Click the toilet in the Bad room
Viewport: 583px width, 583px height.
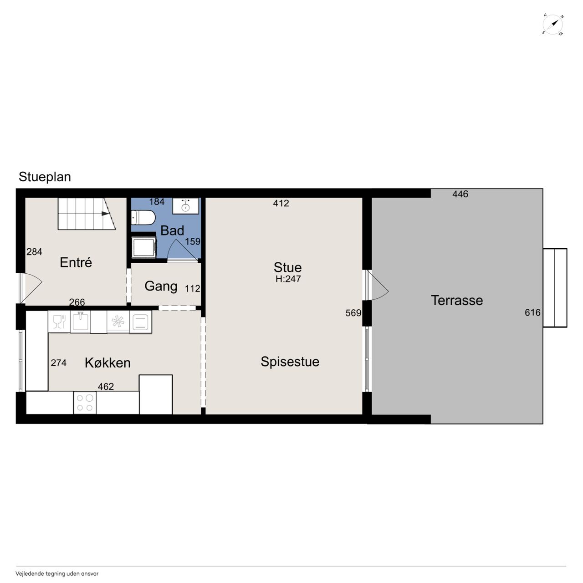point(143,218)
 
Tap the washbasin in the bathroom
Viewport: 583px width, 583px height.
point(185,206)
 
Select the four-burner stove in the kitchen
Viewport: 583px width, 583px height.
point(85,403)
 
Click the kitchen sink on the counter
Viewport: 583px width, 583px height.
point(80,322)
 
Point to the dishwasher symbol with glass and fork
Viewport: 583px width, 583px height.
point(59,322)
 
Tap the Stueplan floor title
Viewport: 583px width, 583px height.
point(45,177)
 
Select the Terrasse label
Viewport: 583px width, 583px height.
point(457,301)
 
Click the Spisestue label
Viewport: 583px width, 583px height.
point(290,362)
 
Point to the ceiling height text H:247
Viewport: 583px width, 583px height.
point(288,279)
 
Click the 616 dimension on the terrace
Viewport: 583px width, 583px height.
point(532,312)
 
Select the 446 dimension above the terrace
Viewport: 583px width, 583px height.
point(460,194)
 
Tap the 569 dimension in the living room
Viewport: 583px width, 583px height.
point(353,313)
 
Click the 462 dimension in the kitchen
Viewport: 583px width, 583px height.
point(106,387)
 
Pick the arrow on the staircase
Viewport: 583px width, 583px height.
point(105,214)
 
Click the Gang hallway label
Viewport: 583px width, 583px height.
point(161,286)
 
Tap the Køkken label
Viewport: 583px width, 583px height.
point(107,363)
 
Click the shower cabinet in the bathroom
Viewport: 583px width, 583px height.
point(144,246)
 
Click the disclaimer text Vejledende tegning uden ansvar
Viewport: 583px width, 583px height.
point(57,573)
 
